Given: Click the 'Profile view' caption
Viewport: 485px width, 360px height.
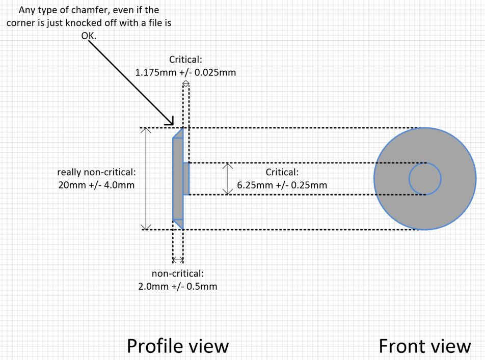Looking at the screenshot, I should (x=177, y=346).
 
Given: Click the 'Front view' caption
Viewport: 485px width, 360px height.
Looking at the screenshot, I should (x=425, y=346).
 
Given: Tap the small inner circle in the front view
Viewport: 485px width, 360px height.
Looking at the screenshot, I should (x=425, y=179).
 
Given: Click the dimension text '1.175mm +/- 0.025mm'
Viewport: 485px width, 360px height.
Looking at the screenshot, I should (x=185, y=72).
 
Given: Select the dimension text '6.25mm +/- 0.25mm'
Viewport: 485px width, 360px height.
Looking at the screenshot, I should (x=282, y=184).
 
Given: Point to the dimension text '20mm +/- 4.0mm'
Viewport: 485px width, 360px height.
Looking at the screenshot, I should (x=96, y=184).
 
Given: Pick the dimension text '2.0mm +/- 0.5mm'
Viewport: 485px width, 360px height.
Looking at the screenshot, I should (x=177, y=286).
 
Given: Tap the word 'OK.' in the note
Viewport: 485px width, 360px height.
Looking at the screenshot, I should (x=88, y=37).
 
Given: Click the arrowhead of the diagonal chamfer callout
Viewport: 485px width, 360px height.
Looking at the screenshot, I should (x=171, y=123).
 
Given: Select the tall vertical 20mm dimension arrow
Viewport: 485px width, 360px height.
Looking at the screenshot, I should (x=146, y=178).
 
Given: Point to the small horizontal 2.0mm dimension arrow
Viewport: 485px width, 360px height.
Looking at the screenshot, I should (x=178, y=260).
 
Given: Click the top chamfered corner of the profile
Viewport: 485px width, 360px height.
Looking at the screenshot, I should (x=178, y=133).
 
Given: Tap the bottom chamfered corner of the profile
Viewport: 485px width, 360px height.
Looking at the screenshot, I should (x=178, y=223).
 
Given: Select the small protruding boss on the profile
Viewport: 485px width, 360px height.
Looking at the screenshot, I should (x=186, y=179).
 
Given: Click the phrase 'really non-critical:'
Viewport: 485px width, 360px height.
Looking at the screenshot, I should (x=96, y=172).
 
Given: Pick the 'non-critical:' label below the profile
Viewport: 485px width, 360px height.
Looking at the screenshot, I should (x=178, y=274).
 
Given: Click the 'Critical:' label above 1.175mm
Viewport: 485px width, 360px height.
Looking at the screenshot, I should (x=185, y=60).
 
